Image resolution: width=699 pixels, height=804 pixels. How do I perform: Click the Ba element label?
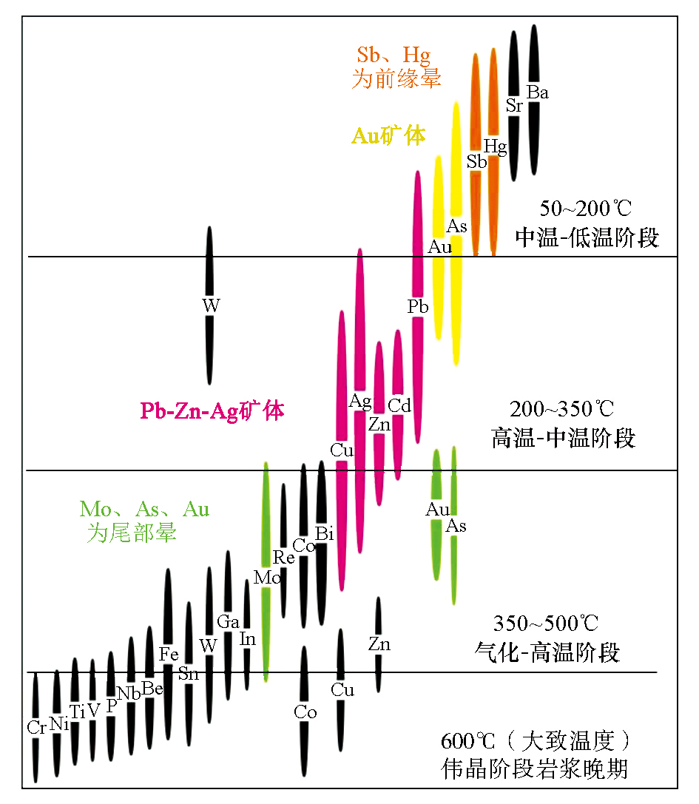tap(538, 92)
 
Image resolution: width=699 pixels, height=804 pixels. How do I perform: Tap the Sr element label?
tap(515, 106)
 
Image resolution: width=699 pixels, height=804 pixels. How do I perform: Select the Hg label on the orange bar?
tap(495, 147)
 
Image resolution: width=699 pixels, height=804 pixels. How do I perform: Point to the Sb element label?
tap(476, 161)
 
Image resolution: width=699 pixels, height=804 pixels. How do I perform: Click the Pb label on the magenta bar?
tap(418, 306)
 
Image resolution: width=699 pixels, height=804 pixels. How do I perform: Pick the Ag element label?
tap(360, 402)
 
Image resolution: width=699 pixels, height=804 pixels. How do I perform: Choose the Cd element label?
tap(399, 405)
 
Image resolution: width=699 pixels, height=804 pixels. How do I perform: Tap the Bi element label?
tap(323, 533)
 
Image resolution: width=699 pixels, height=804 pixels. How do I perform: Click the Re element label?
tap(284, 558)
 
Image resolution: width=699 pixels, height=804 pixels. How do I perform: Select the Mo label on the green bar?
tap(266, 578)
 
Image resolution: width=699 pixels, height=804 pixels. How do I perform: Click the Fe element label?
tap(169, 654)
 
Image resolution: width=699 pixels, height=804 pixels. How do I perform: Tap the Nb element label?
tap(129, 693)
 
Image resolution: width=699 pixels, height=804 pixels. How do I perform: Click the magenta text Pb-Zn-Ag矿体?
tap(212, 411)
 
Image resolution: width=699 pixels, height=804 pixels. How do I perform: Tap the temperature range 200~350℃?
tap(562, 409)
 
